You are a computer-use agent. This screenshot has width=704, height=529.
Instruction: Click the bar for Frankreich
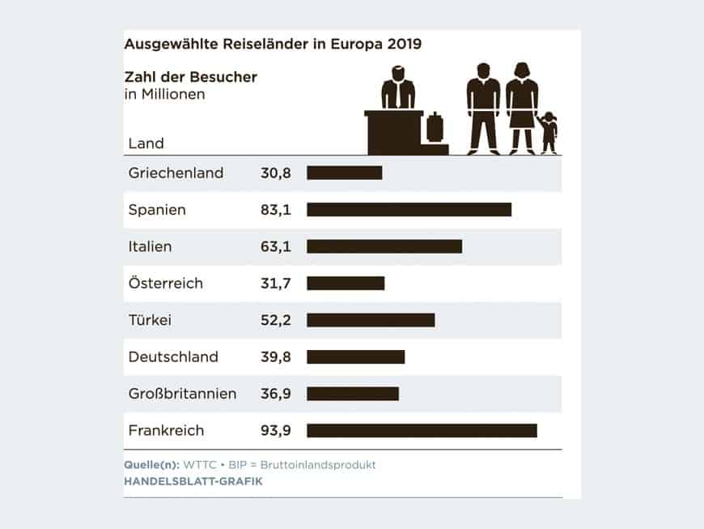[x=422, y=430]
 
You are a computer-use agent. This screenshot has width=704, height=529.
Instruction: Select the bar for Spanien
[x=409, y=210]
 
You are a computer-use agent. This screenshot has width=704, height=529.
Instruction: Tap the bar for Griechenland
[x=344, y=173]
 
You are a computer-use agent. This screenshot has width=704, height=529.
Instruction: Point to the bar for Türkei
[x=371, y=320]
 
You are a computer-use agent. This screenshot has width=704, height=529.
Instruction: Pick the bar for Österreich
[x=346, y=284]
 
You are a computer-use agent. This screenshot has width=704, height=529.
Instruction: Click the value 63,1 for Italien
[x=276, y=246]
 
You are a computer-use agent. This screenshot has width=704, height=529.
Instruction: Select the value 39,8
[x=276, y=356]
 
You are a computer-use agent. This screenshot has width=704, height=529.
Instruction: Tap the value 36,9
[x=276, y=394]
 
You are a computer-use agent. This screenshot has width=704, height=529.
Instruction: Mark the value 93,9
[x=276, y=430]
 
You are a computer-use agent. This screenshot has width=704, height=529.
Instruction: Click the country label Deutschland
[x=173, y=356]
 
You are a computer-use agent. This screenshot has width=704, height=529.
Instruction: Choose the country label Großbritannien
[x=182, y=394]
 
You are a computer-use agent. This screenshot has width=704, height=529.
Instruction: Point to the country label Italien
[x=150, y=246]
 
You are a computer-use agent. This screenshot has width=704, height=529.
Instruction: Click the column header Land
[x=146, y=143]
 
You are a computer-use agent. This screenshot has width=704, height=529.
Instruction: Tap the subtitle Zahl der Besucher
[x=190, y=78]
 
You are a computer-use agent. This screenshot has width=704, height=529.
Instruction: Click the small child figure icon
[x=549, y=132]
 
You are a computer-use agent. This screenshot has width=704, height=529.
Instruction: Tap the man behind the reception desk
[x=397, y=89]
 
